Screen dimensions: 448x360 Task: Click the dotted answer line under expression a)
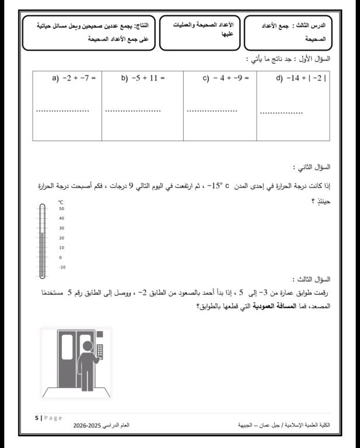pyautogui.click(x=62, y=110)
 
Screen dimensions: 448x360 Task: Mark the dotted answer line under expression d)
pyautogui.click(x=281, y=113)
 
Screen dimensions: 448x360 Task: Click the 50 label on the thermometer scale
pyautogui.click(x=61, y=208)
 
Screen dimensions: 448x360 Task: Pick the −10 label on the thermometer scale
pyautogui.click(x=62, y=267)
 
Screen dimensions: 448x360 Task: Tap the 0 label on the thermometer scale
pyautogui.click(x=61, y=257)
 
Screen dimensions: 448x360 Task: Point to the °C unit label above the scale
pyautogui.click(x=61, y=201)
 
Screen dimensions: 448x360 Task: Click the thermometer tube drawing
pyautogui.click(x=42, y=240)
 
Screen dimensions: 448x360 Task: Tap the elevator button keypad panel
pyautogui.click(x=99, y=351)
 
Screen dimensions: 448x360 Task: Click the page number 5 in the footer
pyautogui.click(x=37, y=418)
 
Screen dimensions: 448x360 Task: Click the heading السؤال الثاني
pyautogui.click(x=313, y=167)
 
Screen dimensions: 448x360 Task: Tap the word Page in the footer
pyautogui.click(x=53, y=418)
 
